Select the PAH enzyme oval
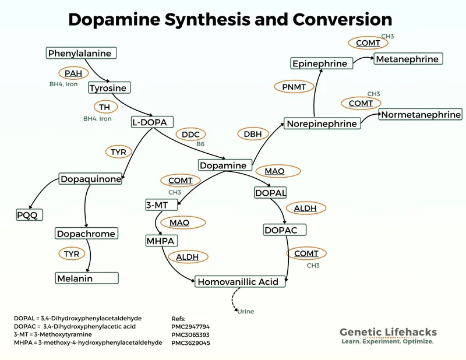coord(73,73)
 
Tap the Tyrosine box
coord(108,88)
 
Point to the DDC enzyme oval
coord(190,135)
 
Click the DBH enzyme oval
coord(252,134)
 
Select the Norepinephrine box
coord(322,123)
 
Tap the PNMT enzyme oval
coord(290,86)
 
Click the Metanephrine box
coord(408,59)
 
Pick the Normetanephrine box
coord(421,114)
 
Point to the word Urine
coord(245,312)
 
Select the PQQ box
coord(28,215)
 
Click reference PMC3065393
coord(190,335)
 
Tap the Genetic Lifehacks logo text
coord(388,333)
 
